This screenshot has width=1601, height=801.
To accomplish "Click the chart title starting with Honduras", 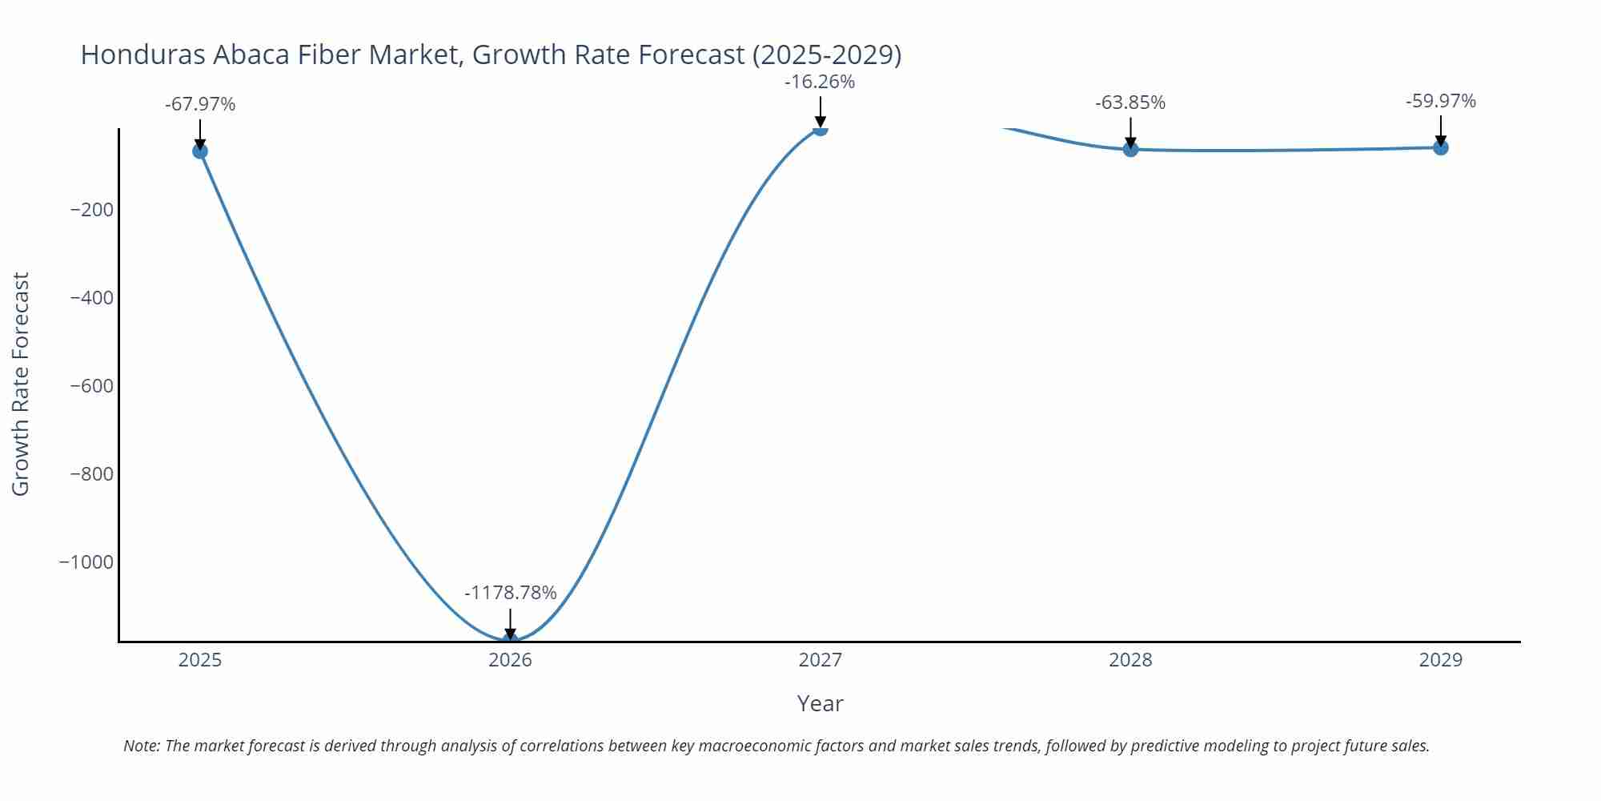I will [x=491, y=54].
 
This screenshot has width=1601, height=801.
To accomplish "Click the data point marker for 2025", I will [x=200, y=151].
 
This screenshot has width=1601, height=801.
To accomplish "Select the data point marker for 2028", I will [x=1130, y=149].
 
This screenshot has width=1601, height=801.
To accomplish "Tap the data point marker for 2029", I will [x=1440, y=147].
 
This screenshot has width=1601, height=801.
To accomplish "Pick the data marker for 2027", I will [x=820, y=129].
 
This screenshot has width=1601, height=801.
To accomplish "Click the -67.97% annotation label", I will [x=200, y=104].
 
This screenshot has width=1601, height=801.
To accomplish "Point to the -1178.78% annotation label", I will [x=510, y=593].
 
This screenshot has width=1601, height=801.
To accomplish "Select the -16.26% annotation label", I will [x=820, y=82].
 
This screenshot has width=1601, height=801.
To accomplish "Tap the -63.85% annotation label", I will [x=1130, y=103].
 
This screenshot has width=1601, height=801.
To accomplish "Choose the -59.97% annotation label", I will [x=1440, y=101].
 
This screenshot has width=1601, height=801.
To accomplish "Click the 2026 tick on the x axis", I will [x=510, y=660].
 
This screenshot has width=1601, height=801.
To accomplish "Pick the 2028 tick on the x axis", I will [x=1130, y=660].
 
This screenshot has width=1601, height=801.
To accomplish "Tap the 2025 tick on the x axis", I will [x=200, y=660].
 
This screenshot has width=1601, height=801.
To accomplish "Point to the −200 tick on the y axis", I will [x=92, y=210].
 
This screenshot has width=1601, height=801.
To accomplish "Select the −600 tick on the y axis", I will [x=92, y=386].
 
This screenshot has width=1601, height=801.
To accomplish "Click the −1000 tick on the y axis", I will [x=86, y=562].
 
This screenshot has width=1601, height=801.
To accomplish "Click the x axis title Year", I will [x=820, y=703].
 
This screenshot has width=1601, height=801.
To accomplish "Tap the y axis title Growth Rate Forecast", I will [x=21, y=384].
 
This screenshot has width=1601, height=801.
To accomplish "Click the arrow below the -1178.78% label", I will [x=510, y=624].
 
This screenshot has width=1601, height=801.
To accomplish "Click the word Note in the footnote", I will [x=141, y=746].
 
